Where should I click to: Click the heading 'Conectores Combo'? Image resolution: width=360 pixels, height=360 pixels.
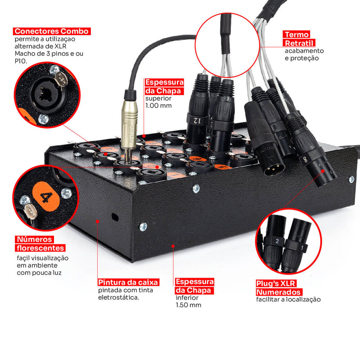point(52,31)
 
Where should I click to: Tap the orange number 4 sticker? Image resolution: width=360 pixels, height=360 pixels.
point(46,196)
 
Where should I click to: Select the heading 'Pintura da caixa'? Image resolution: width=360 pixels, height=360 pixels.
point(128,282)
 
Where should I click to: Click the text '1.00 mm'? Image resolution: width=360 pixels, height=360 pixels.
point(158,106)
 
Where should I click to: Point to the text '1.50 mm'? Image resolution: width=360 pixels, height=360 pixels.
point(189,305)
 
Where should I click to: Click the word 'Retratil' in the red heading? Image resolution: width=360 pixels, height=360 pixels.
point(299,43)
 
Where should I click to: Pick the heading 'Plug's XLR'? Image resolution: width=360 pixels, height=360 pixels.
point(276,283)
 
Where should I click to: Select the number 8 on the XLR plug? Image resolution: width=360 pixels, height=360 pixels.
point(306,160)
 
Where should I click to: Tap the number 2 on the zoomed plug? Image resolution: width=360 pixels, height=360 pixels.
point(277,241)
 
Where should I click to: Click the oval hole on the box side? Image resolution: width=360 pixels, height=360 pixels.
point(115,217)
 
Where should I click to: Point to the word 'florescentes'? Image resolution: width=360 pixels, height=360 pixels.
point(40,248)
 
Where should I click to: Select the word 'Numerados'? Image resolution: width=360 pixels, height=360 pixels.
point(279,292)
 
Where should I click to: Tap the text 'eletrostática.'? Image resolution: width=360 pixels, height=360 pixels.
point(118,297)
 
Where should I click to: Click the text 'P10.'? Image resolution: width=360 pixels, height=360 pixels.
point(21,61)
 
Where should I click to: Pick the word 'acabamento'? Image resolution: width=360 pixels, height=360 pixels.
point(304,51)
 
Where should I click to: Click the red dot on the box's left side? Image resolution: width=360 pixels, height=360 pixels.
point(98,221)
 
